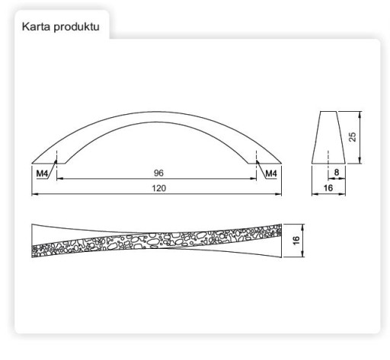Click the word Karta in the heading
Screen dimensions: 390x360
tap(36, 27)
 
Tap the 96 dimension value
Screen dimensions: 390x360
tap(158, 173)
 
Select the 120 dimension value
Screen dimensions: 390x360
tap(159, 188)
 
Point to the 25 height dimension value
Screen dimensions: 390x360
tap(353, 137)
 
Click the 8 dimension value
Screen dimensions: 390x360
tap(337, 173)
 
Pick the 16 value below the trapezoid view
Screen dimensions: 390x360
tap(328, 188)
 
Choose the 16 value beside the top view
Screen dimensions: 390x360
tap(296, 241)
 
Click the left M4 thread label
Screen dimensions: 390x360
tap(42, 174)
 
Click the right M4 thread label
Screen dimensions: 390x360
tap(271, 174)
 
